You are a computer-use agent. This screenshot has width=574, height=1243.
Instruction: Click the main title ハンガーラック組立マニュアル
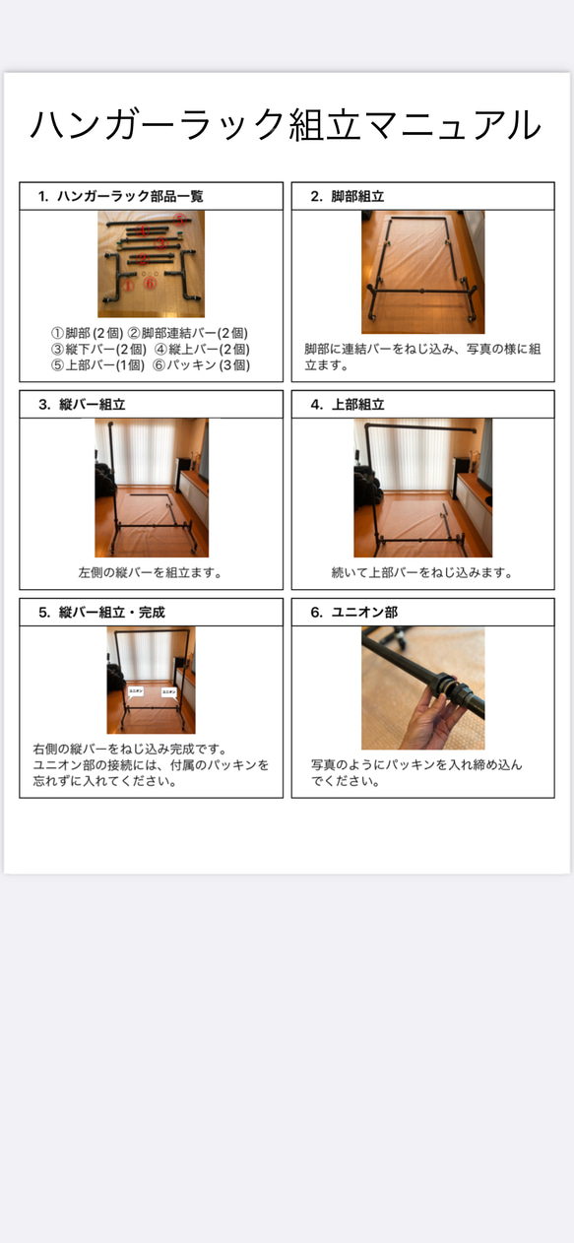coord(286,126)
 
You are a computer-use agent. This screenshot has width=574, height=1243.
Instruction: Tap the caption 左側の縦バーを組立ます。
coord(151,572)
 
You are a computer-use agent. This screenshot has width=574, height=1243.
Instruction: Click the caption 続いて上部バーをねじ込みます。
coord(422,572)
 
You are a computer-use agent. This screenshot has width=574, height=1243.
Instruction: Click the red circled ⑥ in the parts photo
coord(151,283)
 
